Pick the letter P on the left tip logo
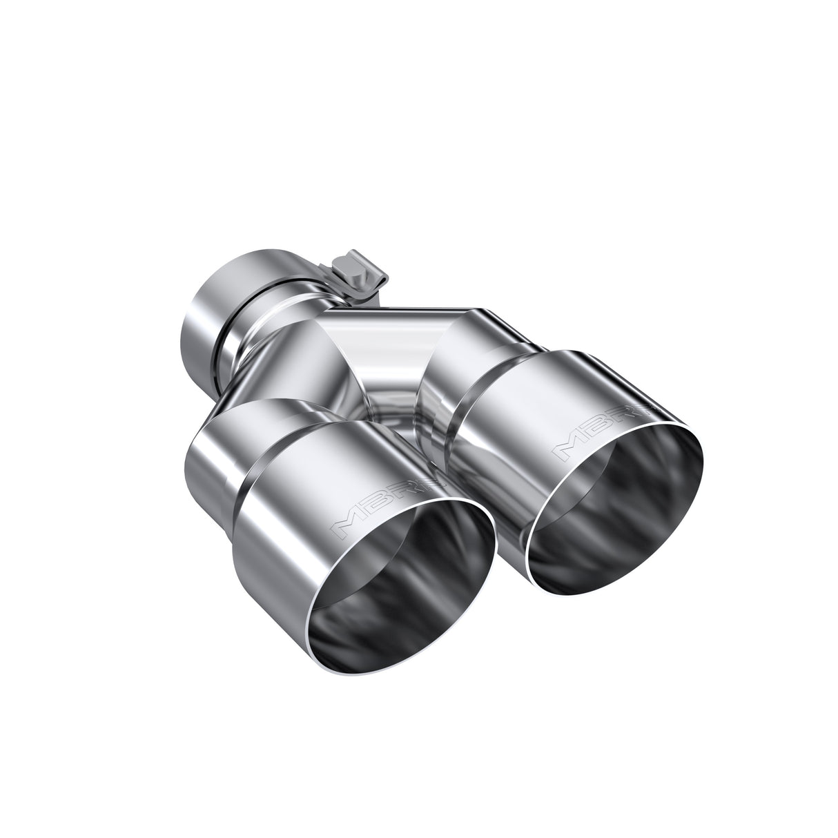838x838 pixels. click(431, 487)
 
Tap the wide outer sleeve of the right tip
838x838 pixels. click(525, 414)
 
